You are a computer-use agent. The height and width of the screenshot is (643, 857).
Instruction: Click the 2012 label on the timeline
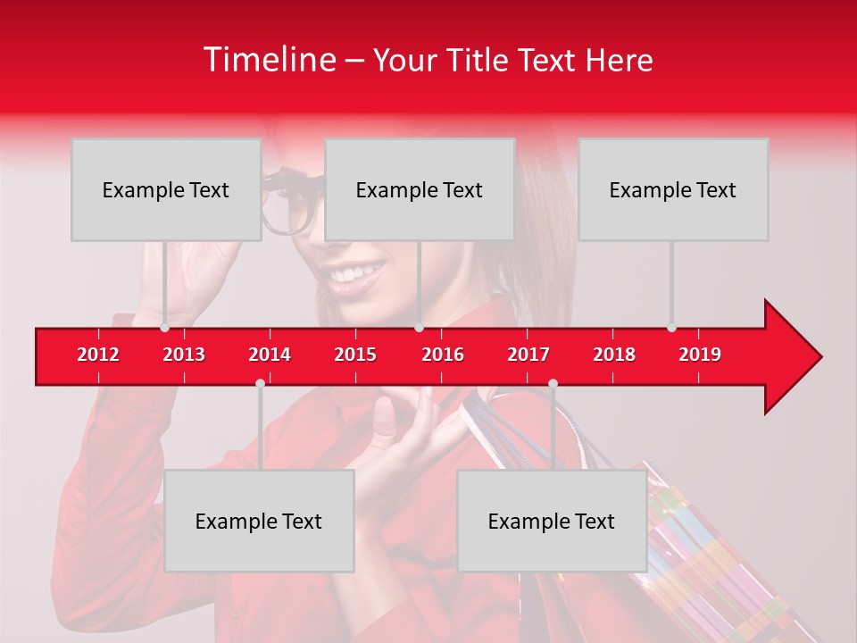[x=98, y=355]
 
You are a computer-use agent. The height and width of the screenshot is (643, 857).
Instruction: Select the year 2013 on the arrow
[x=184, y=355]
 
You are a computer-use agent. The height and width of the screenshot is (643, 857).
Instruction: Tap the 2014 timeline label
[x=270, y=355]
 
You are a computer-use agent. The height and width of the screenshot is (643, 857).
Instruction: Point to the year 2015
[x=355, y=355]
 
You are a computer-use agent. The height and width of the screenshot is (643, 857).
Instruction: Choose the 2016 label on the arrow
[x=443, y=355]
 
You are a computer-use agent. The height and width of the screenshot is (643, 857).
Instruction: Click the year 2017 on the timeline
[x=528, y=355]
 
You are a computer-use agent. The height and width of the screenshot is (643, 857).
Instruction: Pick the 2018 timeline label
[x=614, y=355]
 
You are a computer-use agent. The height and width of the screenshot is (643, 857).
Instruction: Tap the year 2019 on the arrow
[x=700, y=355]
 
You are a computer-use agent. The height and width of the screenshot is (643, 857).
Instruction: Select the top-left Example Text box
[x=166, y=189]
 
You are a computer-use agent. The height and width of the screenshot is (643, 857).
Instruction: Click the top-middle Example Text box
[x=420, y=189]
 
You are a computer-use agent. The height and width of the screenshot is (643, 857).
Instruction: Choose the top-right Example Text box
[x=673, y=189]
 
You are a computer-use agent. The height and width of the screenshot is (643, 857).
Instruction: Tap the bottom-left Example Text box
[x=259, y=521]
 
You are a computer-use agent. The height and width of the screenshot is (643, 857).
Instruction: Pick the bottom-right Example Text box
[x=552, y=521]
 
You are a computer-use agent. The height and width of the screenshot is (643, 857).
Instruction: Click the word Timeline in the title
[x=269, y=60]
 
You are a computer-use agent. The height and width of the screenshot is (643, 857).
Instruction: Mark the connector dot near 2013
[x=164, y=328]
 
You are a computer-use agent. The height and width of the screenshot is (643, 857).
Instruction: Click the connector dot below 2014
[x=260, y=383]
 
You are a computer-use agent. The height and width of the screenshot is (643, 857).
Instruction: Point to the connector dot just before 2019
[x=671, y=328]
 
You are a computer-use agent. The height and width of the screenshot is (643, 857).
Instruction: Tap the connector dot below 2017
[x=553, y=383]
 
